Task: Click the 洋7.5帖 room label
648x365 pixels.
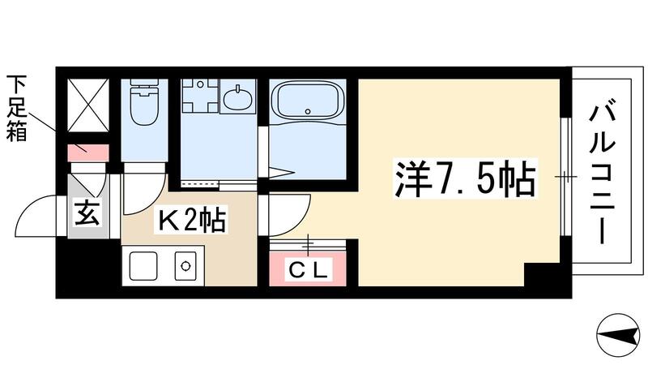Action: coord(465,181)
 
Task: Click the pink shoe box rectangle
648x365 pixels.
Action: coord(87,151)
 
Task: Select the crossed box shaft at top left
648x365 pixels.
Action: coord(87,105)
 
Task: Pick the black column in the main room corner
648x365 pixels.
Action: coord(541,276)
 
